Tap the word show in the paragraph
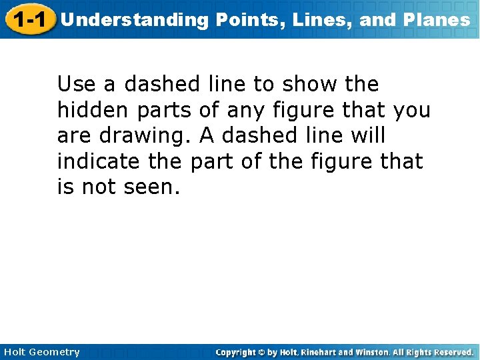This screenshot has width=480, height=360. click(x=307, y=85)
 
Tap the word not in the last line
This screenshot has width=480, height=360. click(x=99, y=187)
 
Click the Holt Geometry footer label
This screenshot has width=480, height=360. click(x=41, y=352)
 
